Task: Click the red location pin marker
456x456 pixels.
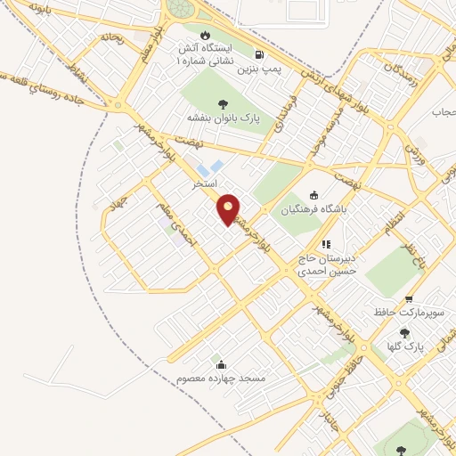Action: [x=229, y=209]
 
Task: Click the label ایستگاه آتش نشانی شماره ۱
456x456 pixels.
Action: [x=207, y=55]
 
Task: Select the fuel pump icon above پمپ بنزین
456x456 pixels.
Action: [x=259, y=53]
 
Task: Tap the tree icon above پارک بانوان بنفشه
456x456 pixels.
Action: [x=222, y=103]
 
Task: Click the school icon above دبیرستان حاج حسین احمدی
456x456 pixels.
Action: [x=326, y=243]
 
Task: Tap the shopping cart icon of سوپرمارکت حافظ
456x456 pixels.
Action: [x=409, y=299]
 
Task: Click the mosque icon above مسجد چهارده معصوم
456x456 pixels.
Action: [x=221, y=364]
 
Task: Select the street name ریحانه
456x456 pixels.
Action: [x=110, y=37]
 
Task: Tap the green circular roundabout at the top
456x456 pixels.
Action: [x=181, y=8]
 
